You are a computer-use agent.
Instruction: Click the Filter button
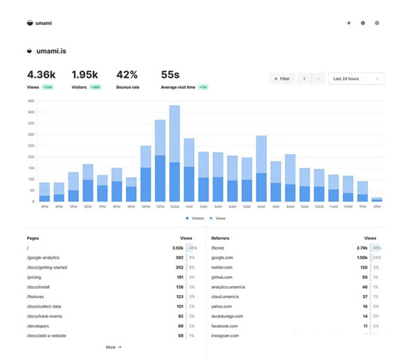click(281, 79)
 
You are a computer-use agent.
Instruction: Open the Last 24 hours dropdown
click(356, 79)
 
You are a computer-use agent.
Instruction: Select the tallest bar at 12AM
click(175, 153)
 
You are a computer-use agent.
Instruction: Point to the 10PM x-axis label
click(145, 207)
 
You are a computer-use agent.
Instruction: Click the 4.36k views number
click(41, 75)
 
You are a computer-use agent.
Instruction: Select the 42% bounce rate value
click(127, 75)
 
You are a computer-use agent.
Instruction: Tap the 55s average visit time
click(170, 75)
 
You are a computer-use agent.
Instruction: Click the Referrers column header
click(221, 238)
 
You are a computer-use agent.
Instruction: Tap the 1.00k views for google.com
click(360, 257)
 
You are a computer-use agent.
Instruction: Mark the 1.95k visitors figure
click(85, 75)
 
